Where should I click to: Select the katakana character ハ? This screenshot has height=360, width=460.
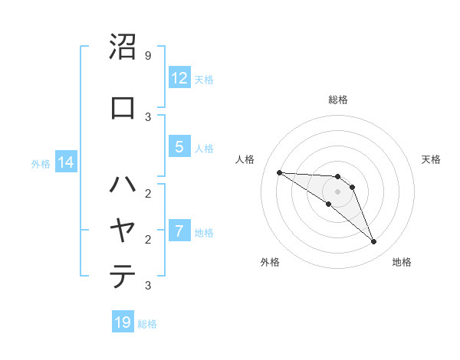(x=123, y=184)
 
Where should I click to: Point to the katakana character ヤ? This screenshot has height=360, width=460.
(x=123, y=230)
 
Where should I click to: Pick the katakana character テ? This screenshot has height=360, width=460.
(x=123, y=276)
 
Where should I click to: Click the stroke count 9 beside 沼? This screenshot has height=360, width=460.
(x=147, y=56)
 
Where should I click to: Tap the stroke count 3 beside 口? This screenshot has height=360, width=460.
(x=147, y=116)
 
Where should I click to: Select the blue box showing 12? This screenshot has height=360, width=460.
(x=179, y=78)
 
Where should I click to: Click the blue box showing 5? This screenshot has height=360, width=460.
(x=179, y=148)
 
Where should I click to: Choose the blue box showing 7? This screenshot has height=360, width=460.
(x=179, y=231)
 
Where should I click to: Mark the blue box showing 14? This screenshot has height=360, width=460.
(x=65, y=162)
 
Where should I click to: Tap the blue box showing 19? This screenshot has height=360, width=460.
(x=123, y=322)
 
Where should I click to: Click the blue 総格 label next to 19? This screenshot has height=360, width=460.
(x=147, y=324)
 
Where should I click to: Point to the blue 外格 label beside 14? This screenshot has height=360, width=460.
(x=41, y=163)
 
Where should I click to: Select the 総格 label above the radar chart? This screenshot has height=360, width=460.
(x=338, y=100)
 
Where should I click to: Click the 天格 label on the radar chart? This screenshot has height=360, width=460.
(x=431, y=159)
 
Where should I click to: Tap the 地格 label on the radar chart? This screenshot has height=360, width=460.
(x=402, y=263)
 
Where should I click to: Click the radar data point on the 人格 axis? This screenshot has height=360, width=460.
(x=279, y=172)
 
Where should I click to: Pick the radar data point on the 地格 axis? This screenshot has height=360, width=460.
(x=374, y=242)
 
